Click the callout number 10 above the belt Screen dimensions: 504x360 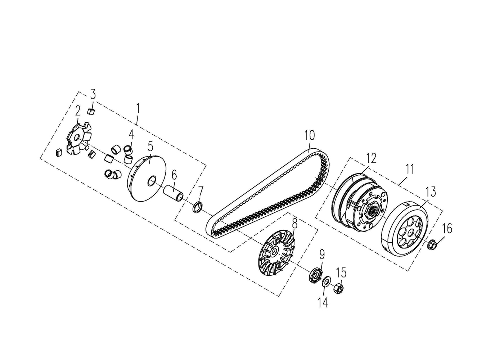click(310, 135)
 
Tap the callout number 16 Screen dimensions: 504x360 click(447, 229)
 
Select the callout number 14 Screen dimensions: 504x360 click(323, 302)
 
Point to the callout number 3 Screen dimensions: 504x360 click(93, 94)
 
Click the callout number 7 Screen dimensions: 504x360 click(200, 191)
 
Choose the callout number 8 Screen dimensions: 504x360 click(294, 224)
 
